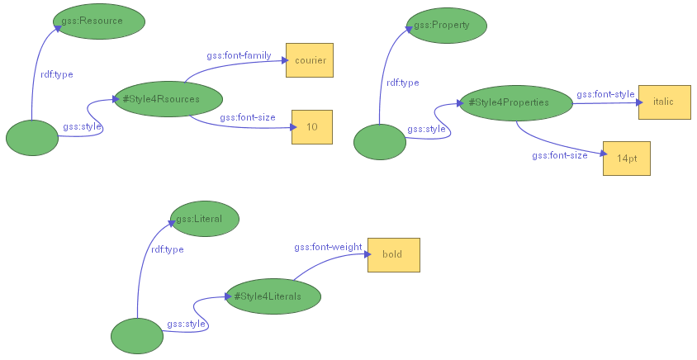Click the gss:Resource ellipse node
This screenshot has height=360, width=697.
coord(99,20)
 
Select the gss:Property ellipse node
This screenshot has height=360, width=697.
coord(447,25)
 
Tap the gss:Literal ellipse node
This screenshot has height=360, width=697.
coord(204,219)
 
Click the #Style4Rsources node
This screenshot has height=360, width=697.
coord(168,99)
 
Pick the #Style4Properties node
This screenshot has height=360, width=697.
coord(515,102)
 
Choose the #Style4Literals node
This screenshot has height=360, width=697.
coord(273,296)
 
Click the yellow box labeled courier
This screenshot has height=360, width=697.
coord(310,60)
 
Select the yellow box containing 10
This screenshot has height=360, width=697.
coord(311,127)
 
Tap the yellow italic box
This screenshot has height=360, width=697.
coord(664,102)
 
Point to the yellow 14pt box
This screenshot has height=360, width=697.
coord(626,158)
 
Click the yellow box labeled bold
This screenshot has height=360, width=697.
coord(393,254)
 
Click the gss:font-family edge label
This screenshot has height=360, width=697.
coord(239,55)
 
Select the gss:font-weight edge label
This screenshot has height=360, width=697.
coord(328,247)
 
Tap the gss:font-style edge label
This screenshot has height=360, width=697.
coord(605,94)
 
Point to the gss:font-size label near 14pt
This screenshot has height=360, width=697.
coord(560,155)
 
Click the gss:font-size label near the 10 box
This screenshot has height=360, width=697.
coord(248,117)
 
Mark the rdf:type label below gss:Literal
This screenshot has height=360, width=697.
coord(167,249)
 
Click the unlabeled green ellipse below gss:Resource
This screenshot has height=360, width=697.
coord(32,138)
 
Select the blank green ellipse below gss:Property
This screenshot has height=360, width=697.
coord(380,142)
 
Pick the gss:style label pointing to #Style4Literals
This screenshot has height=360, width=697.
coord(186,324)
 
